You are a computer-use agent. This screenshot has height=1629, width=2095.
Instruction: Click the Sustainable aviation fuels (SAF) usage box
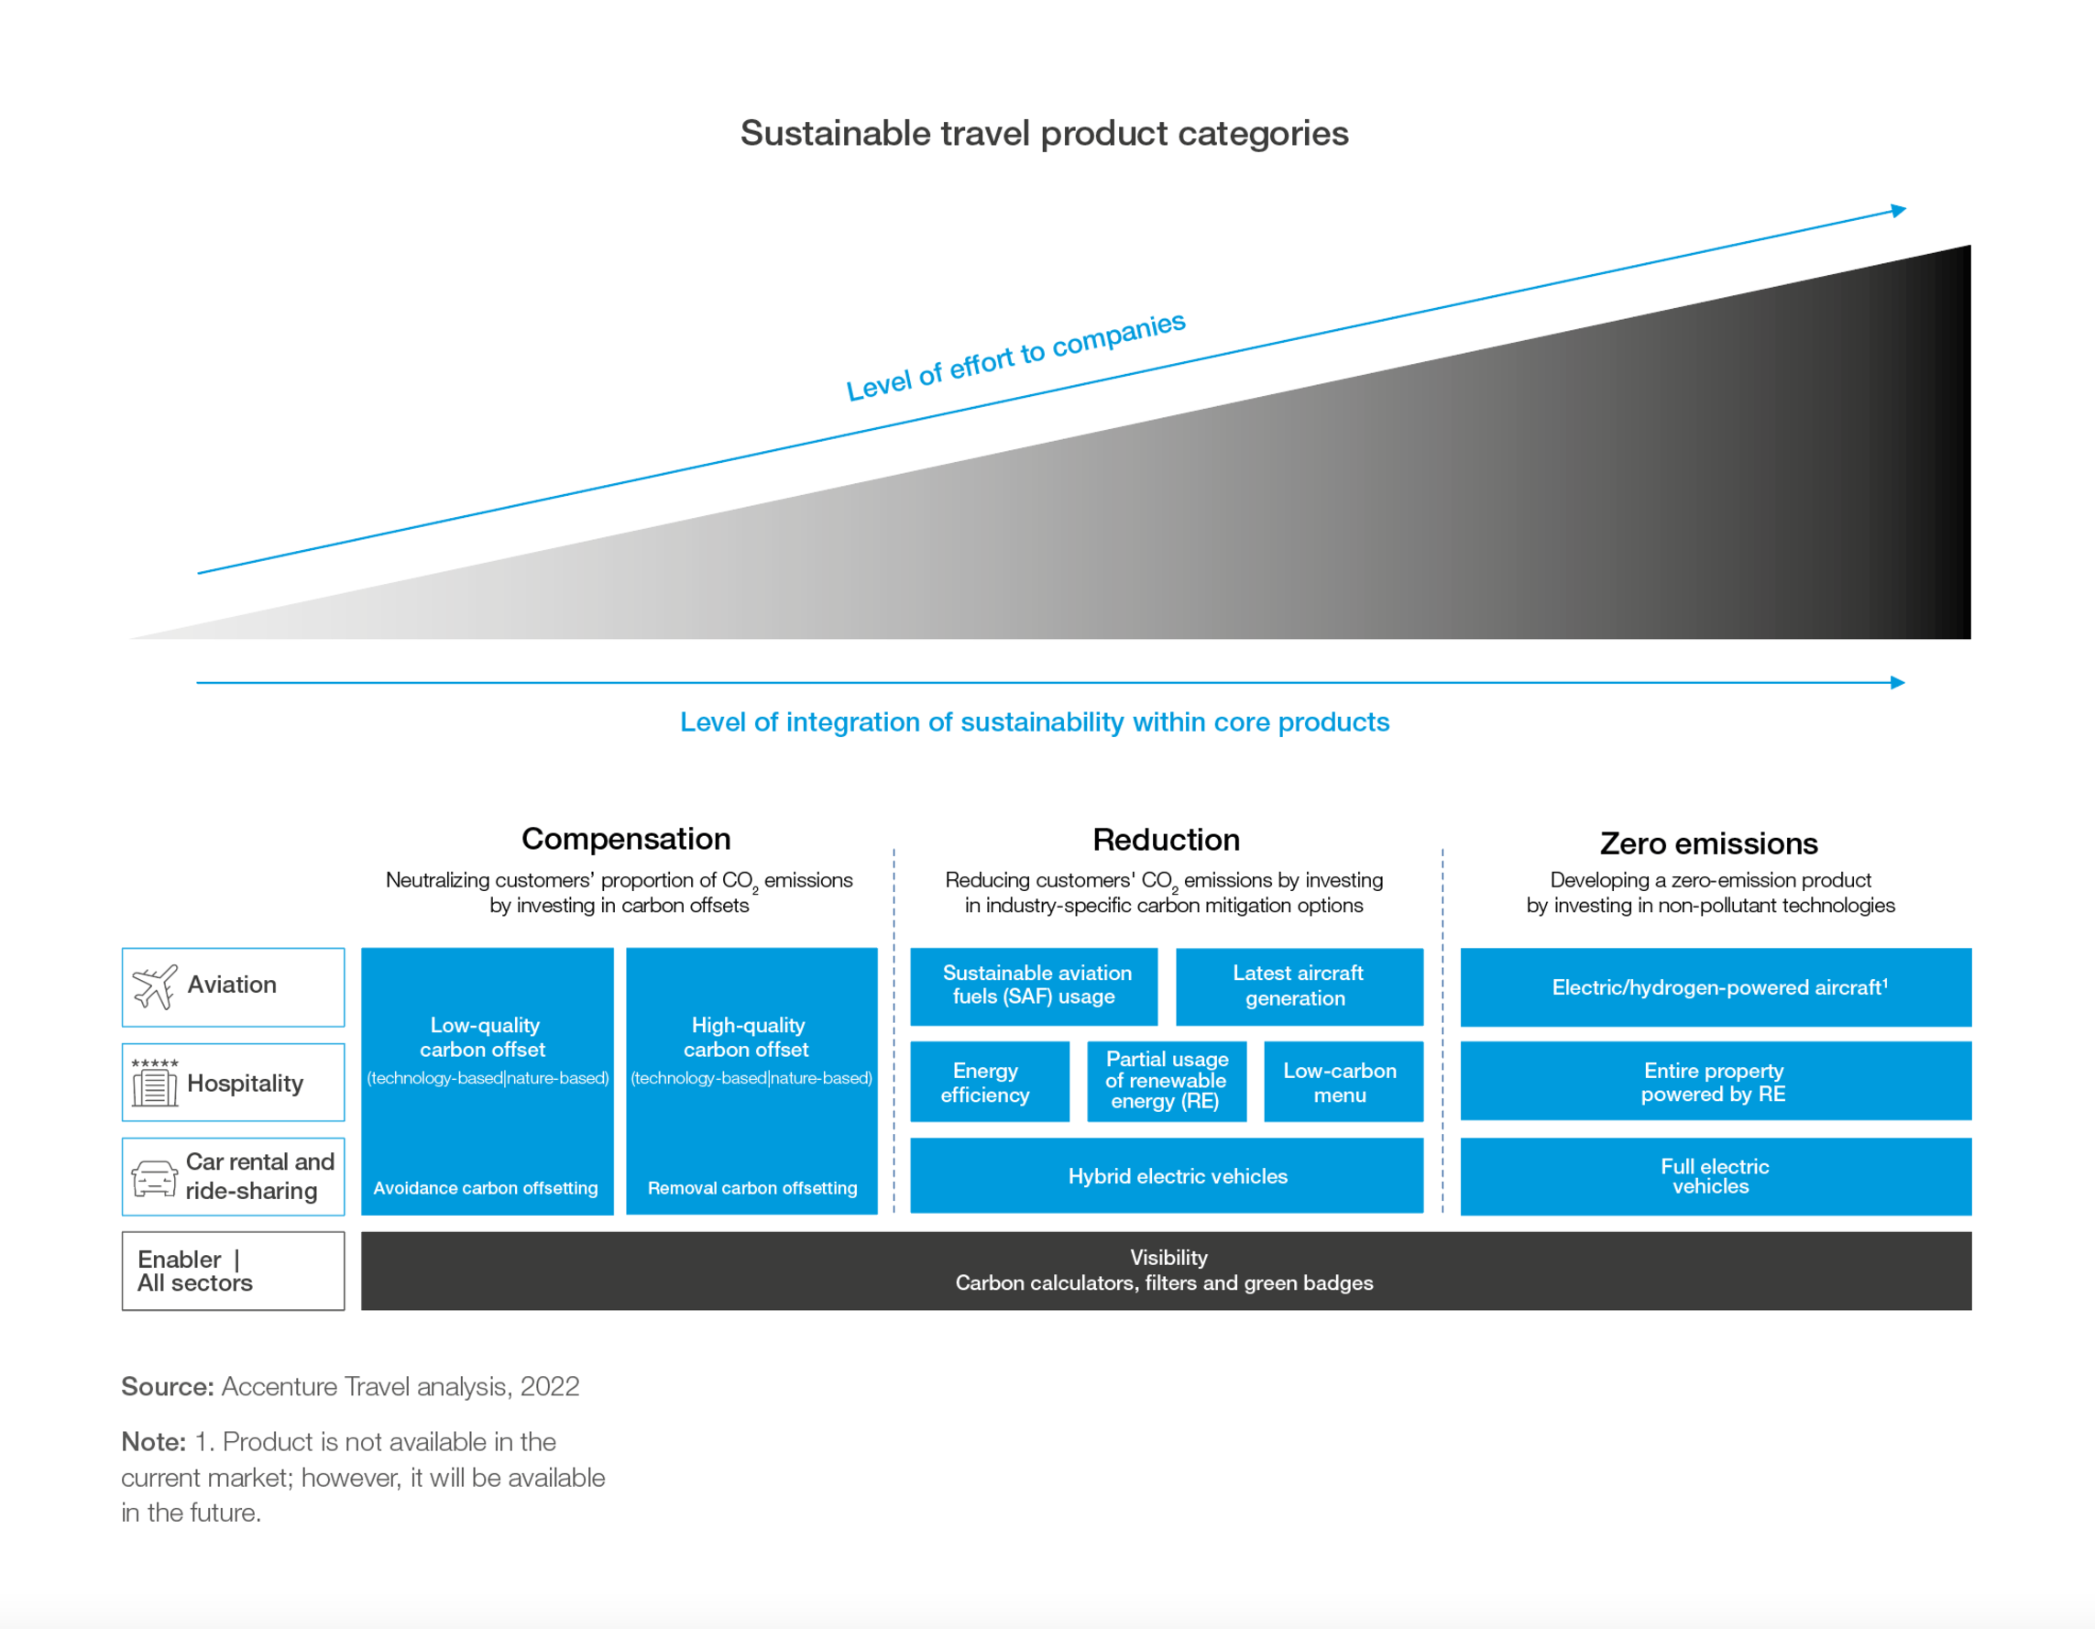[x=1033, y=986]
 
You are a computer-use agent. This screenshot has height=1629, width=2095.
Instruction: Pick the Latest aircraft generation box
[x=1299, y=986]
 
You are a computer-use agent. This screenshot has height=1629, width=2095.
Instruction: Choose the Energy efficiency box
[x=989, y=1082]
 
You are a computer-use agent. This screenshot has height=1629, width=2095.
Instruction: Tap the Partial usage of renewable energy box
[x=1167, y=1081]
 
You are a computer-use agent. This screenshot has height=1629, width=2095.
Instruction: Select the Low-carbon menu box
[x=1343, y=1082]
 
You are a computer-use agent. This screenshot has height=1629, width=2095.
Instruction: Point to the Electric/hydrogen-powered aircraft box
[x=1716, y=987]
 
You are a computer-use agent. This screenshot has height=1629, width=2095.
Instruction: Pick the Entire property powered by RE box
[x=1716, y=1081]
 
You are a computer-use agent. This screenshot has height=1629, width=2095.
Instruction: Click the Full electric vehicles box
[x=1716, y=1176]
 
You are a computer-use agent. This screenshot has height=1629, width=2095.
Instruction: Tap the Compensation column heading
[x=625, y=839]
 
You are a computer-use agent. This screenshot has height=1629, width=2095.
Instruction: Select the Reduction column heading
[x=1166, y=840]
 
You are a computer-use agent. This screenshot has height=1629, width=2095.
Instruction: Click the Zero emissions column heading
[x=1708, y=843]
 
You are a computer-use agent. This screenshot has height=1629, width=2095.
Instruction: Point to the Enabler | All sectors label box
[x=232, y=1271]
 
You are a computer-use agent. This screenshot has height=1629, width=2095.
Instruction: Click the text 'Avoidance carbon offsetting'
[x=486, y=1188]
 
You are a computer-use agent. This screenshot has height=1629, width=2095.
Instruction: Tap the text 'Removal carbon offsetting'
[x=752, y=1188]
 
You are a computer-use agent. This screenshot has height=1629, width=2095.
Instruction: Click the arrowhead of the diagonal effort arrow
[x=1898, y=210]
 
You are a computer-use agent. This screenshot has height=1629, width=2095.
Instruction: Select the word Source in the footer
[x=167, y=1386]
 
